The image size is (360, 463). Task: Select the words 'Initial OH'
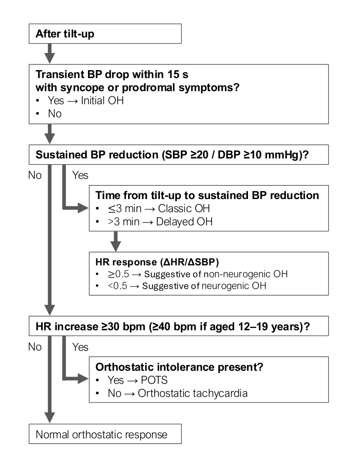point(102,101)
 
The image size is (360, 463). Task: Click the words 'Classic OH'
point(184,209)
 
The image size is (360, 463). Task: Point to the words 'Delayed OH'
point(184,221)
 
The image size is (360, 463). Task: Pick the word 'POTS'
point(154,380)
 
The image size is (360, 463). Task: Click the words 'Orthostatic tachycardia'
point(193,393)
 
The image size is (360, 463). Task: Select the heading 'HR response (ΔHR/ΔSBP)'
point(157,262)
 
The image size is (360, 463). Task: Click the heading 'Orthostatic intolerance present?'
point(179,367)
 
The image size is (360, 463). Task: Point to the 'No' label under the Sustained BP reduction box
point(35,175)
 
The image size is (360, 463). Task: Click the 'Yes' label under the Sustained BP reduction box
point(80,175)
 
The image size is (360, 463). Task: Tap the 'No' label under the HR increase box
point(35,347)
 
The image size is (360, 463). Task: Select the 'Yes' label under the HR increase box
point(80,347)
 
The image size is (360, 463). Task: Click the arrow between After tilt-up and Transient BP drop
point(50,54)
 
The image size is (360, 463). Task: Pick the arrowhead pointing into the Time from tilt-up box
point(83,208)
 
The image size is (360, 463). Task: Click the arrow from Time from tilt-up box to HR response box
point(115,241)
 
